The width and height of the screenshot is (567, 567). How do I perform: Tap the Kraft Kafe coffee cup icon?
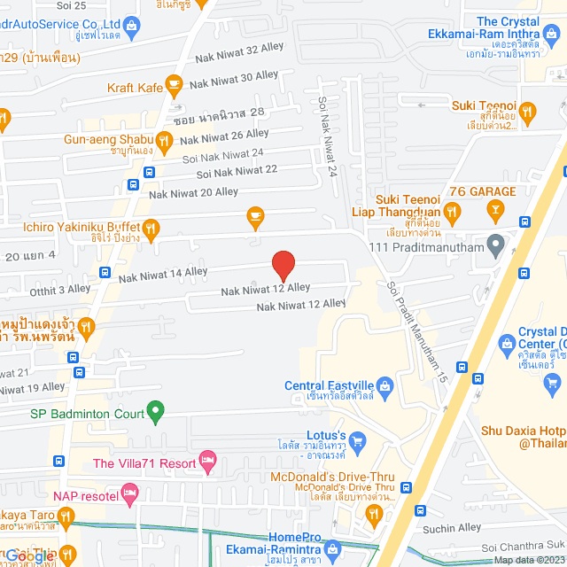tap(174, 85)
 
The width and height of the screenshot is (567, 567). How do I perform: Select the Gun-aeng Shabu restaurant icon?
tap(164, 139)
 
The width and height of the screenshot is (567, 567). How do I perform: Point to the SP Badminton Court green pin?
tap(155, 411)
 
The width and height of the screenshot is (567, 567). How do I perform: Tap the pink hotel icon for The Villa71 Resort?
tap(208, 460)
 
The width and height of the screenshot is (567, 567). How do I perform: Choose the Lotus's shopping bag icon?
tap(357, 439)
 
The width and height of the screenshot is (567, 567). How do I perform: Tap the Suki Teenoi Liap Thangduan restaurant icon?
tap(452, 211)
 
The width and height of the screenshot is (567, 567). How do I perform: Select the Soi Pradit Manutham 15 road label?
tap(414, 332)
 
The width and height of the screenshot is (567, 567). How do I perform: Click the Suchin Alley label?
tap(452, 528)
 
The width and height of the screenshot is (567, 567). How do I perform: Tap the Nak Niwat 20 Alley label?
tap(193, 192)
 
